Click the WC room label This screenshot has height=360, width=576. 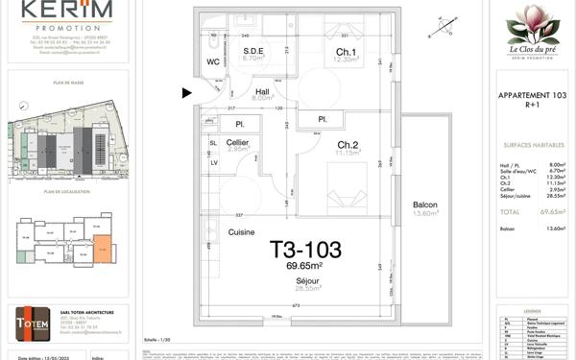tap(213, 62)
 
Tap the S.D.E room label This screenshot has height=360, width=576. tap(253, 51)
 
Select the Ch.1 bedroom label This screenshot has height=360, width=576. tap(347, 52)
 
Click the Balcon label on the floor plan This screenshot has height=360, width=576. tap(424, 204)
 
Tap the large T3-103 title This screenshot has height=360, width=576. tap(304, 250)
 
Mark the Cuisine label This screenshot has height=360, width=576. tap(241, 232)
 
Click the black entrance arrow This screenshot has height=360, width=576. tap(187, 93)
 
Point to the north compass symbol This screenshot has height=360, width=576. tap(442, 27)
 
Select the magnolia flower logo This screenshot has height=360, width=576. tap(534, 23)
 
